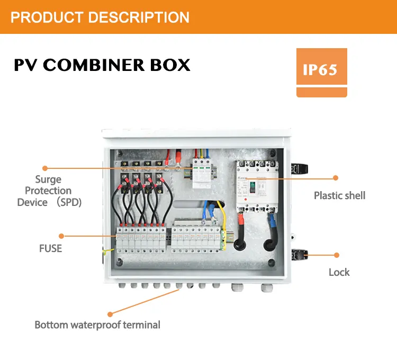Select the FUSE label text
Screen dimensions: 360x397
click(x=50, y=248)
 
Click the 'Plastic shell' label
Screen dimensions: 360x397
click(x=339, y=195)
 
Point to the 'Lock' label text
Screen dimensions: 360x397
click(x=339, y=272)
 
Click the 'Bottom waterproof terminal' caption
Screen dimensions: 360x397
click(x=97, y=325)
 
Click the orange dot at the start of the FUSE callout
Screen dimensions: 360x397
click(x=61, y=236)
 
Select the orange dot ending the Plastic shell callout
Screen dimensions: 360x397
click(x=335, y=178)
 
